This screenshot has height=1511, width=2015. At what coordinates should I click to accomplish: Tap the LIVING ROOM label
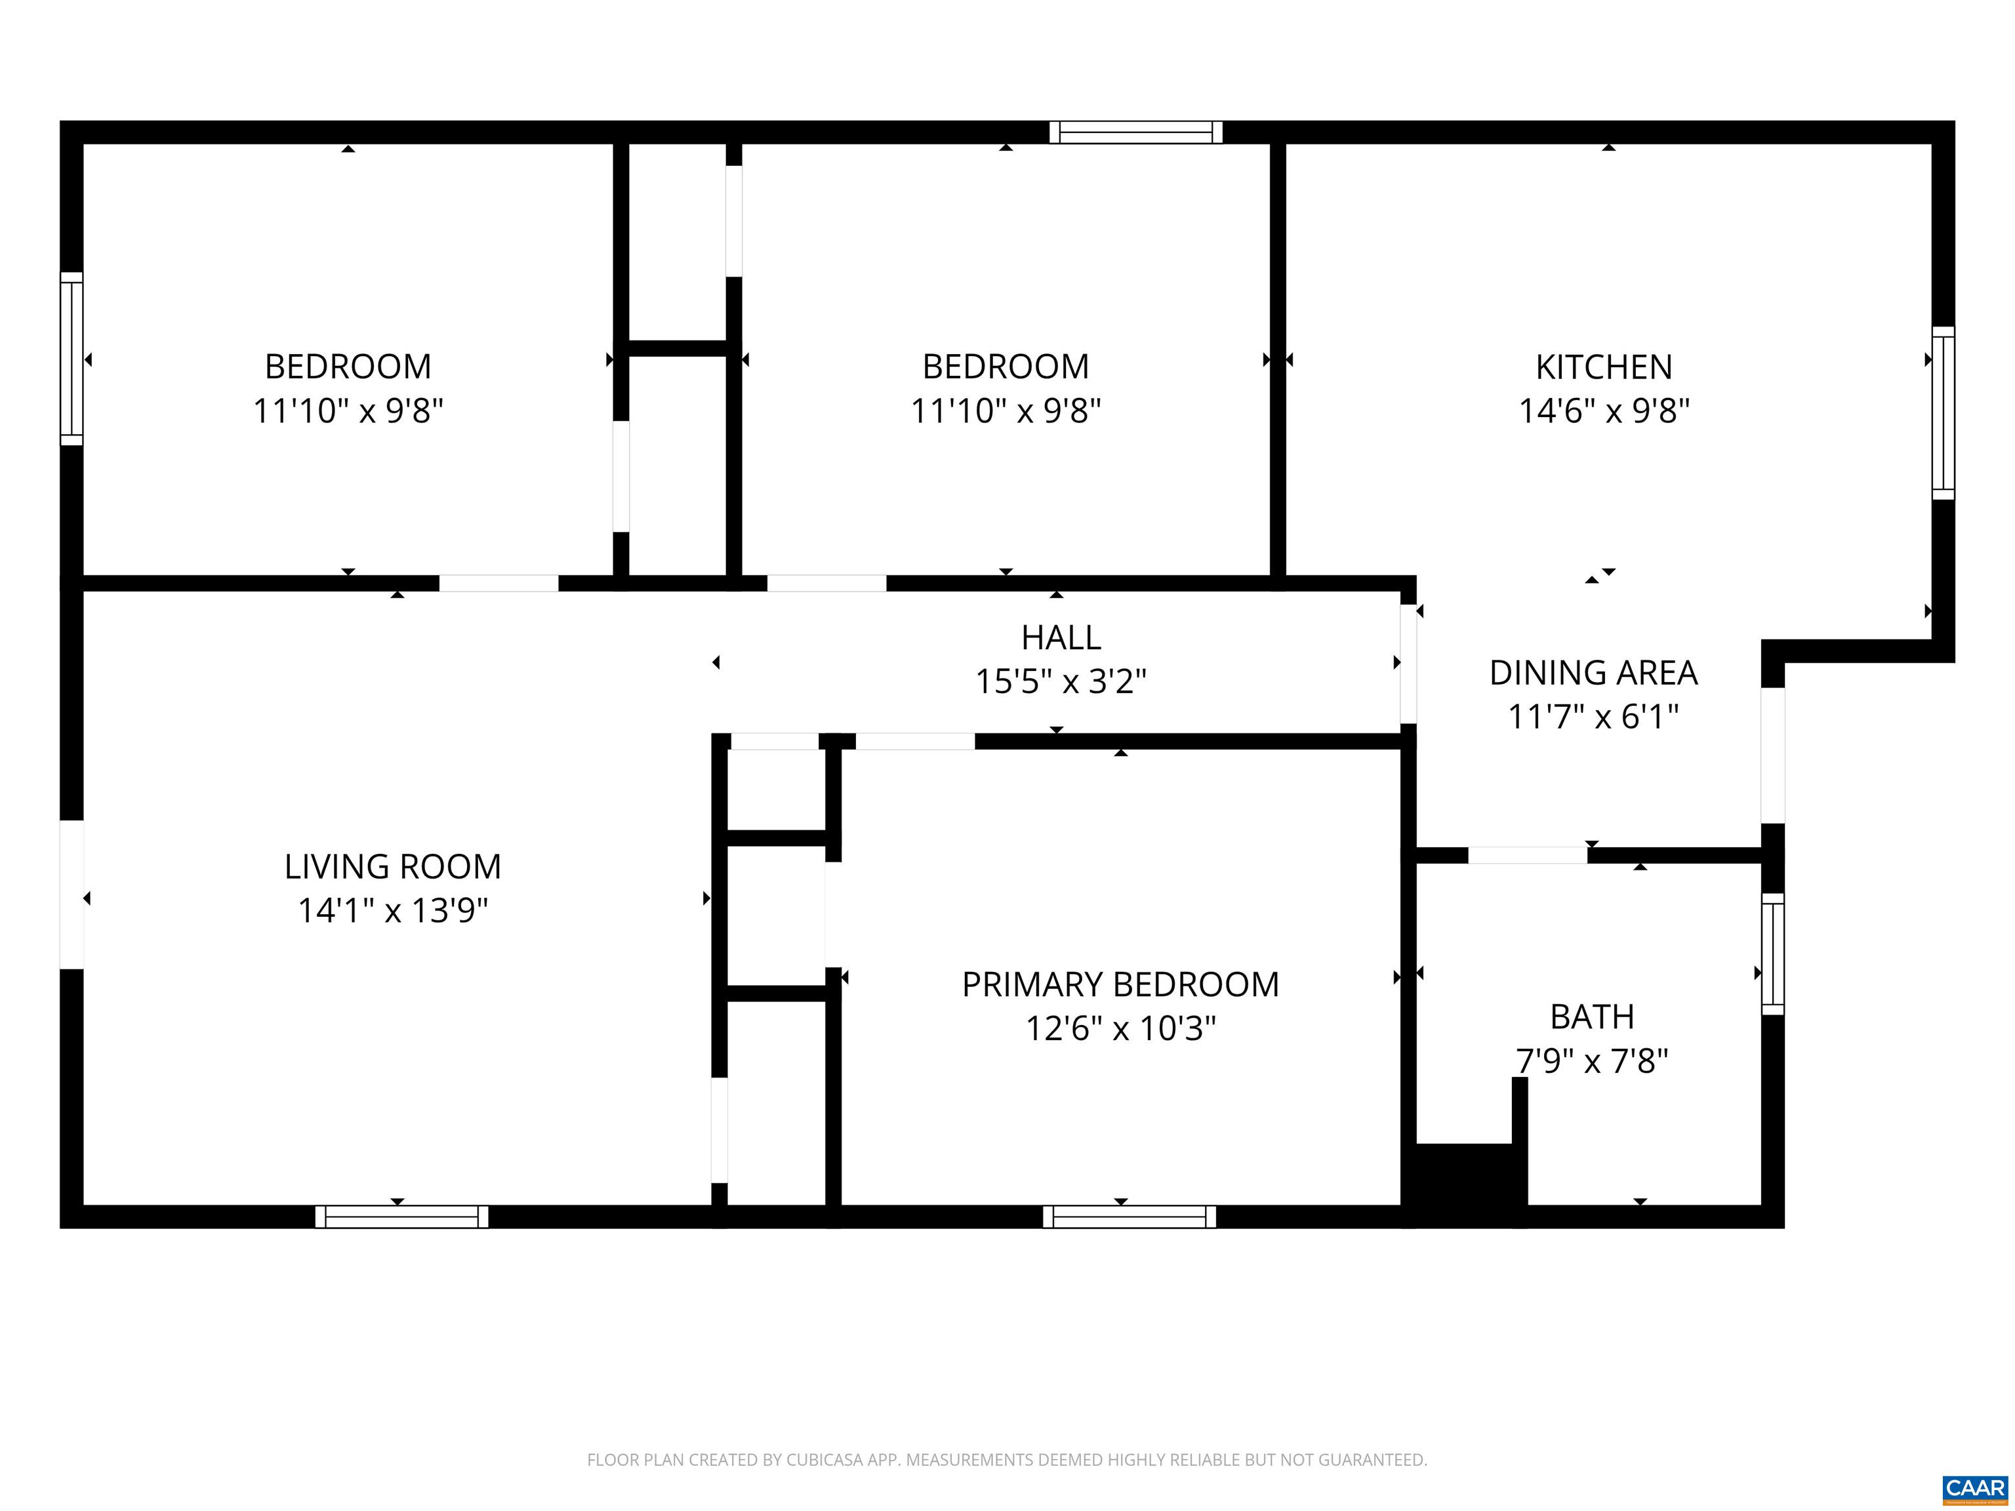(x=393, y=866)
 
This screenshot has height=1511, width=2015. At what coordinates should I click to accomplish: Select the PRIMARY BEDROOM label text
(x=1120, y=984)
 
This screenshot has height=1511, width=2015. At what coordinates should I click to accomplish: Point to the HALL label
(x=1061, y=637)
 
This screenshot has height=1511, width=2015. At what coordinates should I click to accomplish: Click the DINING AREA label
(x=1593, y=673)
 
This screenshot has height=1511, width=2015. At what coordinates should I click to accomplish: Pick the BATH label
(x=1593, y=1017)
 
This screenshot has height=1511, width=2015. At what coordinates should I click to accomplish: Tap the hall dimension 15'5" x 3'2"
(x=1061, y=681)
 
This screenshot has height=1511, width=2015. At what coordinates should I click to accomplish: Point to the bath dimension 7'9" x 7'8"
(x=1593, y=1061)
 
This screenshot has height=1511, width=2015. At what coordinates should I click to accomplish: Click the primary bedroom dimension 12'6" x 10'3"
(x=1120, y=1029)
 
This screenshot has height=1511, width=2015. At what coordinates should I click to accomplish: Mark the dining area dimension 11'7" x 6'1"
(x=1593, y=717)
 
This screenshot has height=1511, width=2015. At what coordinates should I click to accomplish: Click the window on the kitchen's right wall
(x=1943, y=413)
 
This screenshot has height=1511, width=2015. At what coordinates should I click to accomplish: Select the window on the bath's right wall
(x=1773, y=954)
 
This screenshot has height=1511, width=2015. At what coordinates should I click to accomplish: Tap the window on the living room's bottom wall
(x=401, y=1217)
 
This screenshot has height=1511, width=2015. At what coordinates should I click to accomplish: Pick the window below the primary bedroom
(x=1130, y=1217)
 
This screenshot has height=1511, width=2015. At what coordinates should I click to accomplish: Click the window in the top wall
(x=1136, y=132)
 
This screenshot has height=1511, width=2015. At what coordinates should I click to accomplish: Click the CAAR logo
(x=1975, y=1488)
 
